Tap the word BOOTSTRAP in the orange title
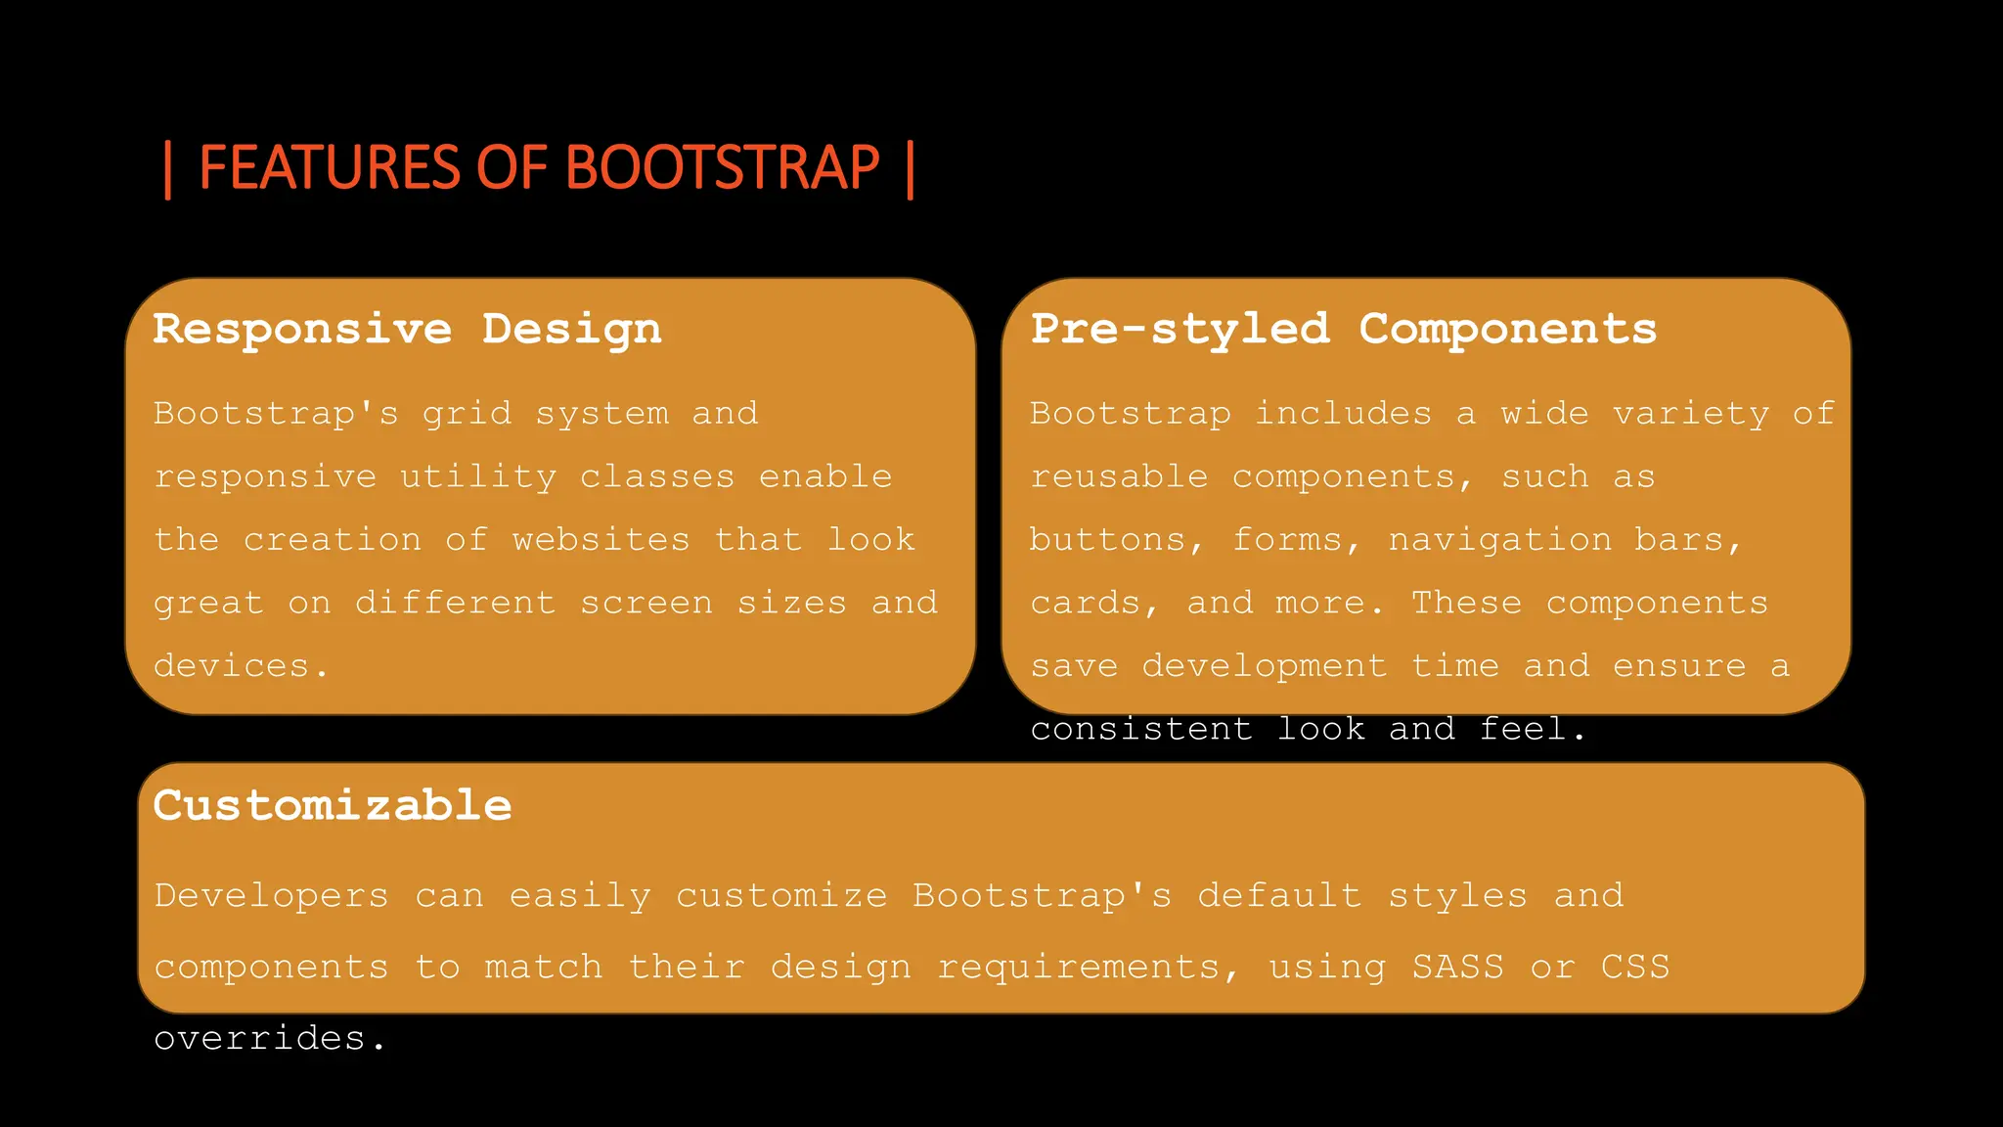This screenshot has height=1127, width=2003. coord(723,167)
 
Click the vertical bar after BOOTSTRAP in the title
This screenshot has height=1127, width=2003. coord(911,169)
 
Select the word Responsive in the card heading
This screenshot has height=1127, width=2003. coord(302,329)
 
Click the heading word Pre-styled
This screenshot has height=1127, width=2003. coord(1180,329)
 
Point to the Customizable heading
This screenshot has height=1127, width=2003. coord(333,806)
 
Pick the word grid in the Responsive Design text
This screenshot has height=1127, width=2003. coord(467,414)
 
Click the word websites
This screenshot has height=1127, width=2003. coord(601,540)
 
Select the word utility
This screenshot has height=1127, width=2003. coord(478,476)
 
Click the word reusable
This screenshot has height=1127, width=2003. coord(1120,476)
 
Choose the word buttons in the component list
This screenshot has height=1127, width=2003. coord(1108,540)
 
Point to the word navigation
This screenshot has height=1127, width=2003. coord(1500,540)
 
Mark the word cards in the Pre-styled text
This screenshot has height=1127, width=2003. coord(1086,603)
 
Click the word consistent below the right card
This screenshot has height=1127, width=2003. coord(1141,729)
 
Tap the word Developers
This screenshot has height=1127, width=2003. coord(271,895)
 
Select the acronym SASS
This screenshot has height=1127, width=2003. coord(1457,967)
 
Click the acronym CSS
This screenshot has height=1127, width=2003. coord(1635,967)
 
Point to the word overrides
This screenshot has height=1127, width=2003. coord(260,1038)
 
